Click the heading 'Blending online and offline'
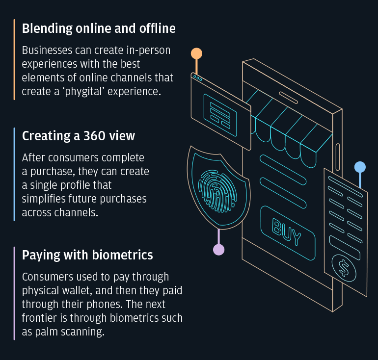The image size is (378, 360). [99, 29]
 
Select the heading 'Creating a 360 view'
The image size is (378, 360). [79, 136]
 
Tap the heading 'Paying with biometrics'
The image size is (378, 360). [87, 255]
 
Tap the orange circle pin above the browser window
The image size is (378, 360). [196, 53]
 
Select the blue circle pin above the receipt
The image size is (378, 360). [360, 167]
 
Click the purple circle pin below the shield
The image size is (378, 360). [218, 249]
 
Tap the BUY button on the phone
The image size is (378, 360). [287, 232]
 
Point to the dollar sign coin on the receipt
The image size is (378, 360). [343, 268]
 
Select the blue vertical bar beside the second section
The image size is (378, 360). [15, 174]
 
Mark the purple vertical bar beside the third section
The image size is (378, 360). [15, 293]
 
